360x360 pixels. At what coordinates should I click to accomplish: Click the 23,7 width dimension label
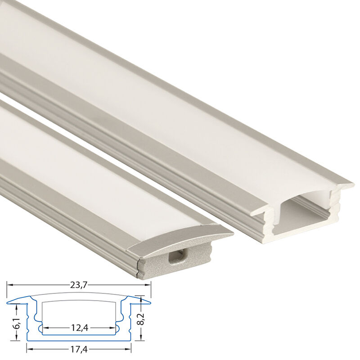pos(79,285)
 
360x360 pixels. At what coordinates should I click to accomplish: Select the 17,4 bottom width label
pos(79,350)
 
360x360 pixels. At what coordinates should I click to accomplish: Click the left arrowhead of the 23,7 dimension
pos(9,285)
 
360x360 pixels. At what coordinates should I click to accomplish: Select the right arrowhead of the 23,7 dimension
pos(148,285)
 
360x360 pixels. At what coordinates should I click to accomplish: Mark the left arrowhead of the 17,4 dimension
pos(29,350)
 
